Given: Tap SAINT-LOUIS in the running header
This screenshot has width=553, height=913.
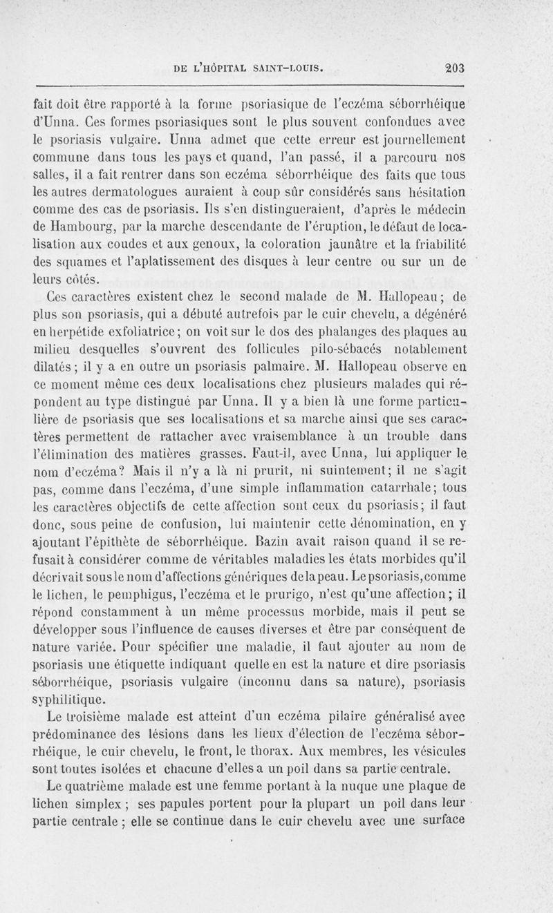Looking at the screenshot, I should point(291,68).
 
